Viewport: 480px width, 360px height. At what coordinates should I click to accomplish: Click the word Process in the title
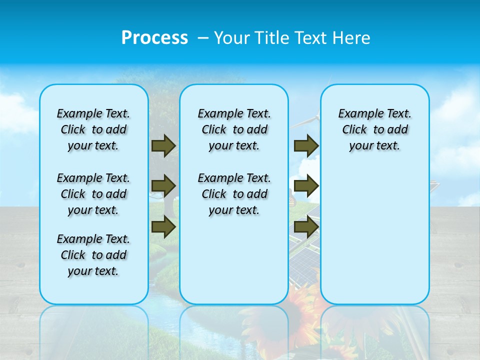pyautogui.click(x=154, y=37)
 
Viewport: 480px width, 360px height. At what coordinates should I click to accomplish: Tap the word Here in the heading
pyautogui.click(x=352, y=38)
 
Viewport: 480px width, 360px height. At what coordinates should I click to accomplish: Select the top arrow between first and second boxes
pyautogui.click(x=163, y=145)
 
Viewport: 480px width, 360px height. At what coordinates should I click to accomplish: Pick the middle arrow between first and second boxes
pyautogui.click(x=163, y=186)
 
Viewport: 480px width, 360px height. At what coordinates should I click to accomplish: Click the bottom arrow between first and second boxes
pyautogui.click(x=163, y=227)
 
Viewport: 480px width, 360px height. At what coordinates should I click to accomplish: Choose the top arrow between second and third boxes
pyautogui.click(x=306, y=146)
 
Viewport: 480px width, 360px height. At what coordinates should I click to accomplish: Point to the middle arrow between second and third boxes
pyautogui.click(x=306, y=186)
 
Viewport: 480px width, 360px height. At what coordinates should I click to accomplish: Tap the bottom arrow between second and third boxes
pyautogui.click(x=306, y=227)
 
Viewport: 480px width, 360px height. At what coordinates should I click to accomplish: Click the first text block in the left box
pyautogui.click(x=93, y=129)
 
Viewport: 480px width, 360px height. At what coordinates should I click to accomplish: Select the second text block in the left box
pyautogui.click(x=93, y=194)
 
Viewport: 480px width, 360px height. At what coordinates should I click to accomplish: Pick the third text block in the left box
pyautogui.click(x=93, y=255)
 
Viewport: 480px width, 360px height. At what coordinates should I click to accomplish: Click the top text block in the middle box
pyautogui.click(x=234, y=129)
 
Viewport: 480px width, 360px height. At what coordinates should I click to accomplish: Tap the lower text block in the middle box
pyautogui.click(x=234, y=194)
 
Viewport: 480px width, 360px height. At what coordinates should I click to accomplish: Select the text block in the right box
pyautogui.click(x=375, y=129)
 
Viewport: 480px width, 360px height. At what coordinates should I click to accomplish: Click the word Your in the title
pyautogui.click(x=230, y=38)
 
